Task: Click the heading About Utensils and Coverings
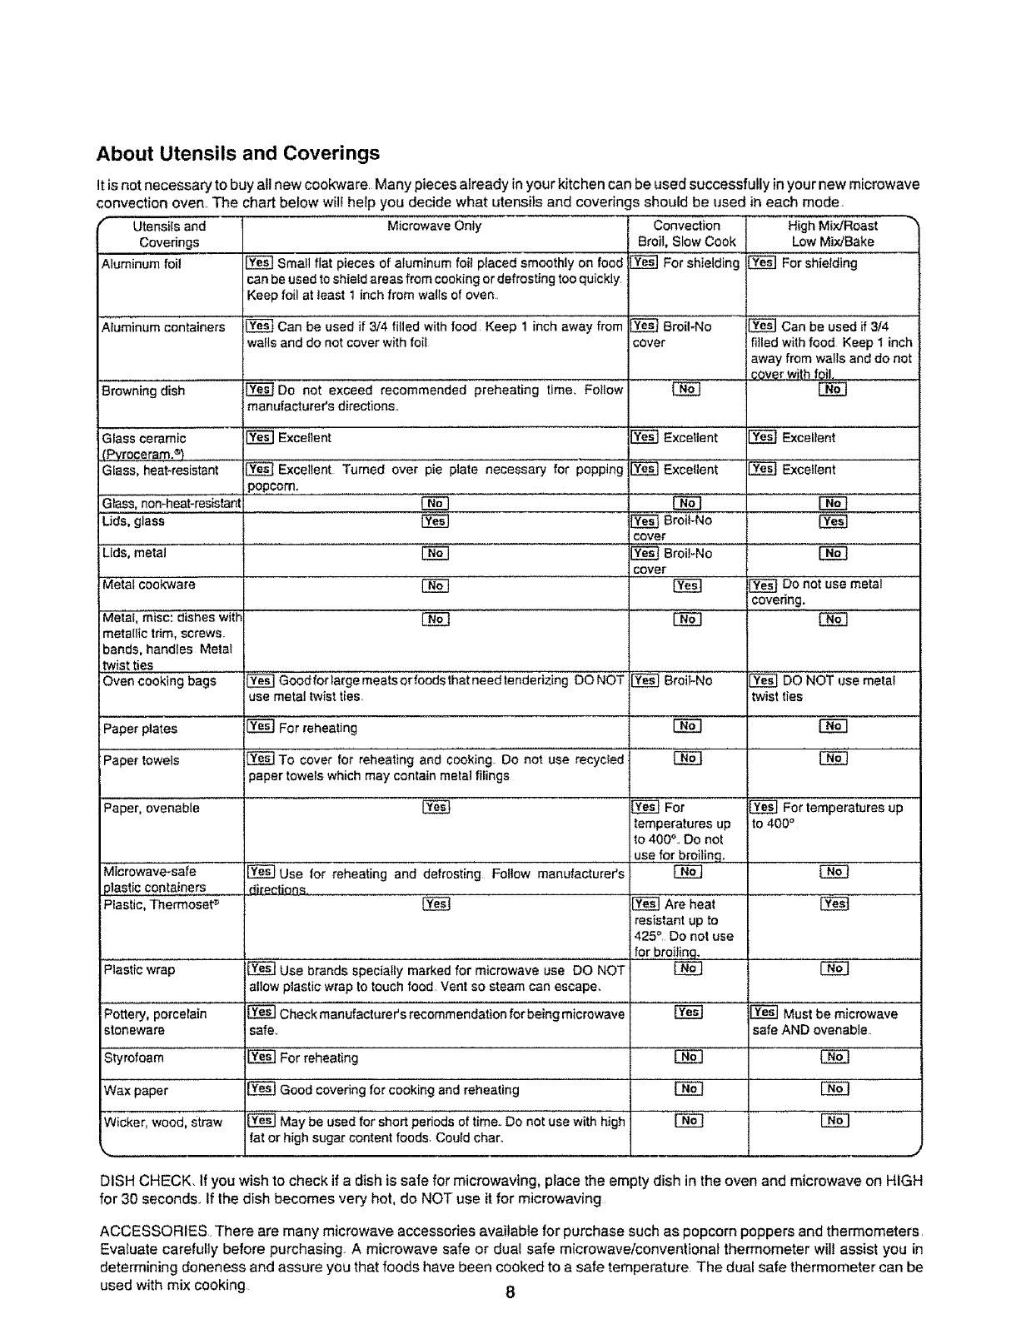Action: click(x=238, y=153)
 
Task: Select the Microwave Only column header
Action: click(x=434, y=226)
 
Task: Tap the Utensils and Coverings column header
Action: click(x=169, y=234)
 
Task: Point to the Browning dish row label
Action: click(x=143, y=391)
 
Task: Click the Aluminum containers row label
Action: click(x=163, y=327)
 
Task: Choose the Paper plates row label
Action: click(x=140, y=729)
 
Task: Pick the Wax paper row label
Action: click(x=136, y=1091)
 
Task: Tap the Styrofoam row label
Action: click(x=133, y=1058)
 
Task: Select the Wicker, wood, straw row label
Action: click(x=163, y=1122)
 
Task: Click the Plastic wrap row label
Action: click(x=139, y=970)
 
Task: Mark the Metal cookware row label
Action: click(x=148, y=585)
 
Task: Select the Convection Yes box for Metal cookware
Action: click(x=687, y=585)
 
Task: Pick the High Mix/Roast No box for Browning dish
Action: click(x=833, y=390)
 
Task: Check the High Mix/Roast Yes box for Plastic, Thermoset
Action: click(x=834, y=904)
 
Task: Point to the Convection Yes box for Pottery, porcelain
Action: click(x=688, y=1013)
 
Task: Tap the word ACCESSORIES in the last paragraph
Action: click(x=146, y=1232)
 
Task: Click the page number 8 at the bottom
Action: click(x=510, y=1292)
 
